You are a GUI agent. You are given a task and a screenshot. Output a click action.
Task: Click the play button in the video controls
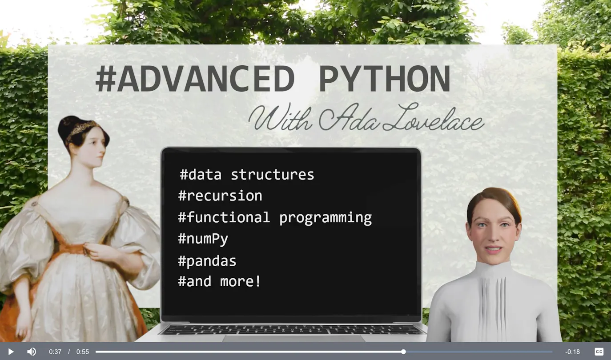click(x=11, y=352)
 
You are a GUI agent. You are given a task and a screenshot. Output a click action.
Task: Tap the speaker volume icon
click(x=32, y=352)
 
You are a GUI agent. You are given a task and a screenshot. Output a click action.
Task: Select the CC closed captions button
click(x=599, y=352)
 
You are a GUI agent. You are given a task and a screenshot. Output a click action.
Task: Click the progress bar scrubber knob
click(x=403, y=352)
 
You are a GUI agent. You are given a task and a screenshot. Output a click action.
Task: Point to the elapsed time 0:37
click(x=55, y=352)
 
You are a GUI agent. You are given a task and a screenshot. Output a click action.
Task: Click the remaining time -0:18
click(x=573, y=352)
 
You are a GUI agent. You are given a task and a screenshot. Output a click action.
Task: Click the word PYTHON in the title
click(x=385, y=79)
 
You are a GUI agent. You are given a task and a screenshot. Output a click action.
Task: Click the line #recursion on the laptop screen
click(x=220, y=196)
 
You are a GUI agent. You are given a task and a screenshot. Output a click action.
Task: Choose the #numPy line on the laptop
click(x=203, y=239)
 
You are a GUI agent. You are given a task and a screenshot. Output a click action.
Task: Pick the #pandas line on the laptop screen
click(x=207, y=261)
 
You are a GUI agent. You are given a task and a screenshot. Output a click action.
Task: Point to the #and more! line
click(x=220, y=281)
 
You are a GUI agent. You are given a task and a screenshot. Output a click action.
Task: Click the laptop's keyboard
click(x=292, y=329)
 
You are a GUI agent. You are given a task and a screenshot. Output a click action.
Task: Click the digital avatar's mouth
click(x=493, y=249)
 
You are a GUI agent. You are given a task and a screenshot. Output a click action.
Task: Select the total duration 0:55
click(x=82, y=352)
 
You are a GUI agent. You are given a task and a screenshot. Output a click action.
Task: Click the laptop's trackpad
click(x=294, y=339)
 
